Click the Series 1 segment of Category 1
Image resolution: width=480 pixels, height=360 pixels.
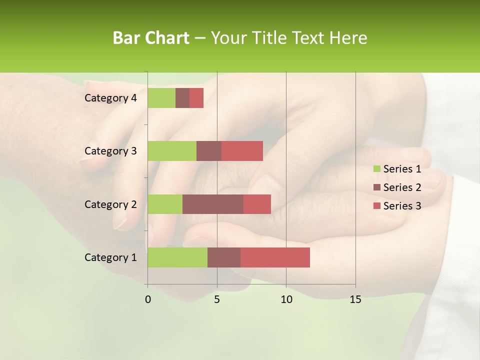(177, 257)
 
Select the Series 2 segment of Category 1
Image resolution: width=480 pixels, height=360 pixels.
(224, 257)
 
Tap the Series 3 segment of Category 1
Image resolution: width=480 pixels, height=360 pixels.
(275, 257)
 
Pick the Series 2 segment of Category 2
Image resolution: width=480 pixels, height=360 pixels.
(213, 204)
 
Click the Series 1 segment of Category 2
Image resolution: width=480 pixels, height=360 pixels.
(165, 204)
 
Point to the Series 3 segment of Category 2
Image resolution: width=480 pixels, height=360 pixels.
(257, 204)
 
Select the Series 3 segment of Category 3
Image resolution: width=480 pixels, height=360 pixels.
(242, 151)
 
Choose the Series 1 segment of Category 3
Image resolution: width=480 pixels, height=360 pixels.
(172, 151)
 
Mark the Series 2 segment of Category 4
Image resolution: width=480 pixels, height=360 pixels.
(182, 98)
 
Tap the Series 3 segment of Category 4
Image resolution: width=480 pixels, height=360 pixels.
(196, 98)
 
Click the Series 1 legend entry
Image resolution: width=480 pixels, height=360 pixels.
(397, 169)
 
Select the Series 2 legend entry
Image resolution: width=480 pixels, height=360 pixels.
(397, 187)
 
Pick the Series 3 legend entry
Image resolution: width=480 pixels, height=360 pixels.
(397, 206)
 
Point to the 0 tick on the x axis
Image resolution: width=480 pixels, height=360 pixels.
(148, 299)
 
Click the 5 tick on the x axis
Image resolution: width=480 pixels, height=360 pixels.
(217, 299)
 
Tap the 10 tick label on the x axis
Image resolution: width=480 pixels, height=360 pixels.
(286, 299)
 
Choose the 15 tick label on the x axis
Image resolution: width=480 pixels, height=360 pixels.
(355, 299)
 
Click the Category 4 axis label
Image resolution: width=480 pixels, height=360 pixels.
(110, 98)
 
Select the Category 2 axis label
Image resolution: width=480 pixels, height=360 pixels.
(110, 204)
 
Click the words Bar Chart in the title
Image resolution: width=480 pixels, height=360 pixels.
(151, 38)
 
